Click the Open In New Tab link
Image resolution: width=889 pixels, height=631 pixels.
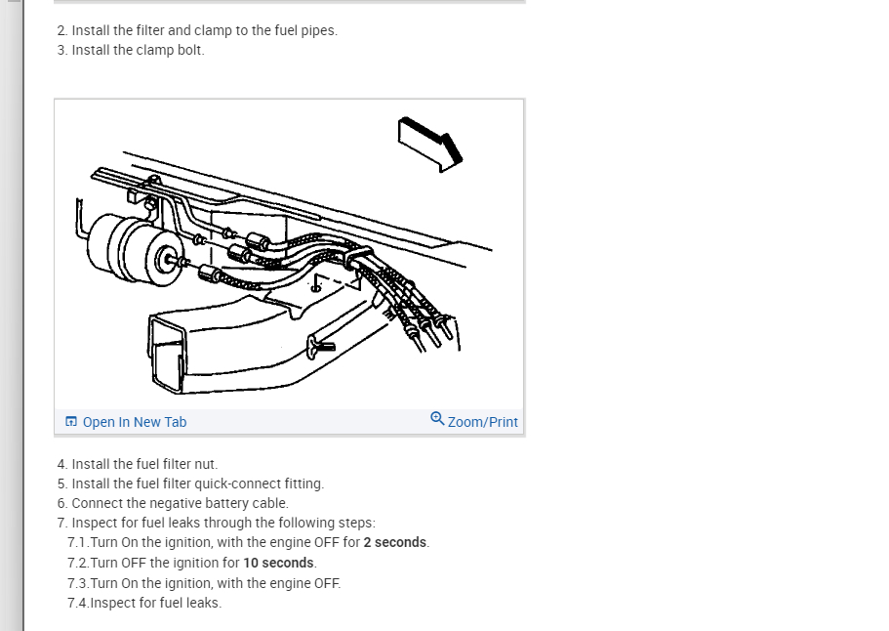135,422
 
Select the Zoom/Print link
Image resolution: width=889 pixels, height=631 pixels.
482,422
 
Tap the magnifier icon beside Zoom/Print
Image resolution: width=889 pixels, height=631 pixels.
437,419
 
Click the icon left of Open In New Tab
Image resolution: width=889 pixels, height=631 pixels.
71,422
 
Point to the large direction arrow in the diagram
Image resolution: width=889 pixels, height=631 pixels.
430,145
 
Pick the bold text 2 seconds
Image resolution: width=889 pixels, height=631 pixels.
394,542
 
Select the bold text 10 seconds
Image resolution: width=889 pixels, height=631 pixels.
278,563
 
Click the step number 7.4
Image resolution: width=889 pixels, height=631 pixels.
78,603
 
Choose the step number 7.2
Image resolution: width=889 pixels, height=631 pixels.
78,563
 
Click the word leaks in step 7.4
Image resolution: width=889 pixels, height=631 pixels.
202,603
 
